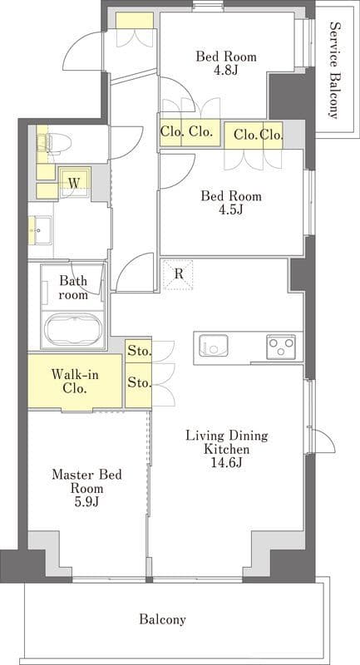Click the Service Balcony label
tap(334, 70)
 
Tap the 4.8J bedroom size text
tap(226, 70)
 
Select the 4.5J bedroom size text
tap(231, 209)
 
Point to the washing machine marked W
tap(75, 183)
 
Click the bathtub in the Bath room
tap(72, 331)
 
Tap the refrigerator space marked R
tap(179, 274)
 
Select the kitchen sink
tap(214, 346)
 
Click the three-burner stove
tap(281, 346)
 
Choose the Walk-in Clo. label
tap(70, 382)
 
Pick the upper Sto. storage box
tap(139, 351)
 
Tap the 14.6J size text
tap(226, 463)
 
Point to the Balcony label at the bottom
tap(162, 619)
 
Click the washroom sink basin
tap(40, 230)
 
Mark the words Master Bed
tap(86, 474)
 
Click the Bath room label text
tap(73, 287)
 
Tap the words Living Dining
tap(227, 436)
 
